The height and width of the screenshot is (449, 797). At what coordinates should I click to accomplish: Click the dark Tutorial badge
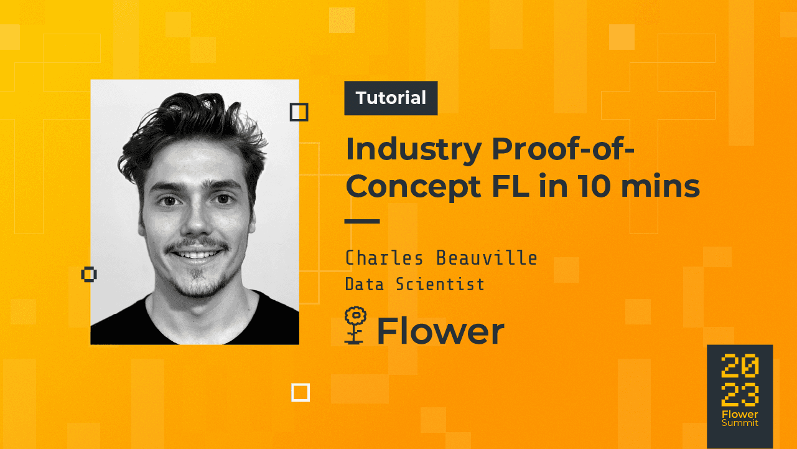tap(391, 98)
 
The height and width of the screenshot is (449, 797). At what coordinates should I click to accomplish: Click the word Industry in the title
tap(414, 149)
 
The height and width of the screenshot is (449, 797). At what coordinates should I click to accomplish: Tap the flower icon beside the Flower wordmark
tap(355, 325)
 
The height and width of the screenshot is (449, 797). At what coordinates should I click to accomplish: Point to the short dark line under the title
tap(362, 221)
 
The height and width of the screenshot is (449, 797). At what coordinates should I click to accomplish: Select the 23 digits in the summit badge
tap(740, 394)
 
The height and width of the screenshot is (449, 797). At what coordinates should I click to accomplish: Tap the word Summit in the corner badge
tap(740, 423)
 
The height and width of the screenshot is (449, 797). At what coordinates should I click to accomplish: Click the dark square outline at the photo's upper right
tap(299, 113)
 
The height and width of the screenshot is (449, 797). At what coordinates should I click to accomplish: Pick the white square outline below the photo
tap(301, 393)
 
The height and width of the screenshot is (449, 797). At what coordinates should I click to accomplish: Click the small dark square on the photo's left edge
tap(89, 274)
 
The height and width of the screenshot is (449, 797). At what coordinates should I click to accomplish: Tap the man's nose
tap(197, 221)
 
